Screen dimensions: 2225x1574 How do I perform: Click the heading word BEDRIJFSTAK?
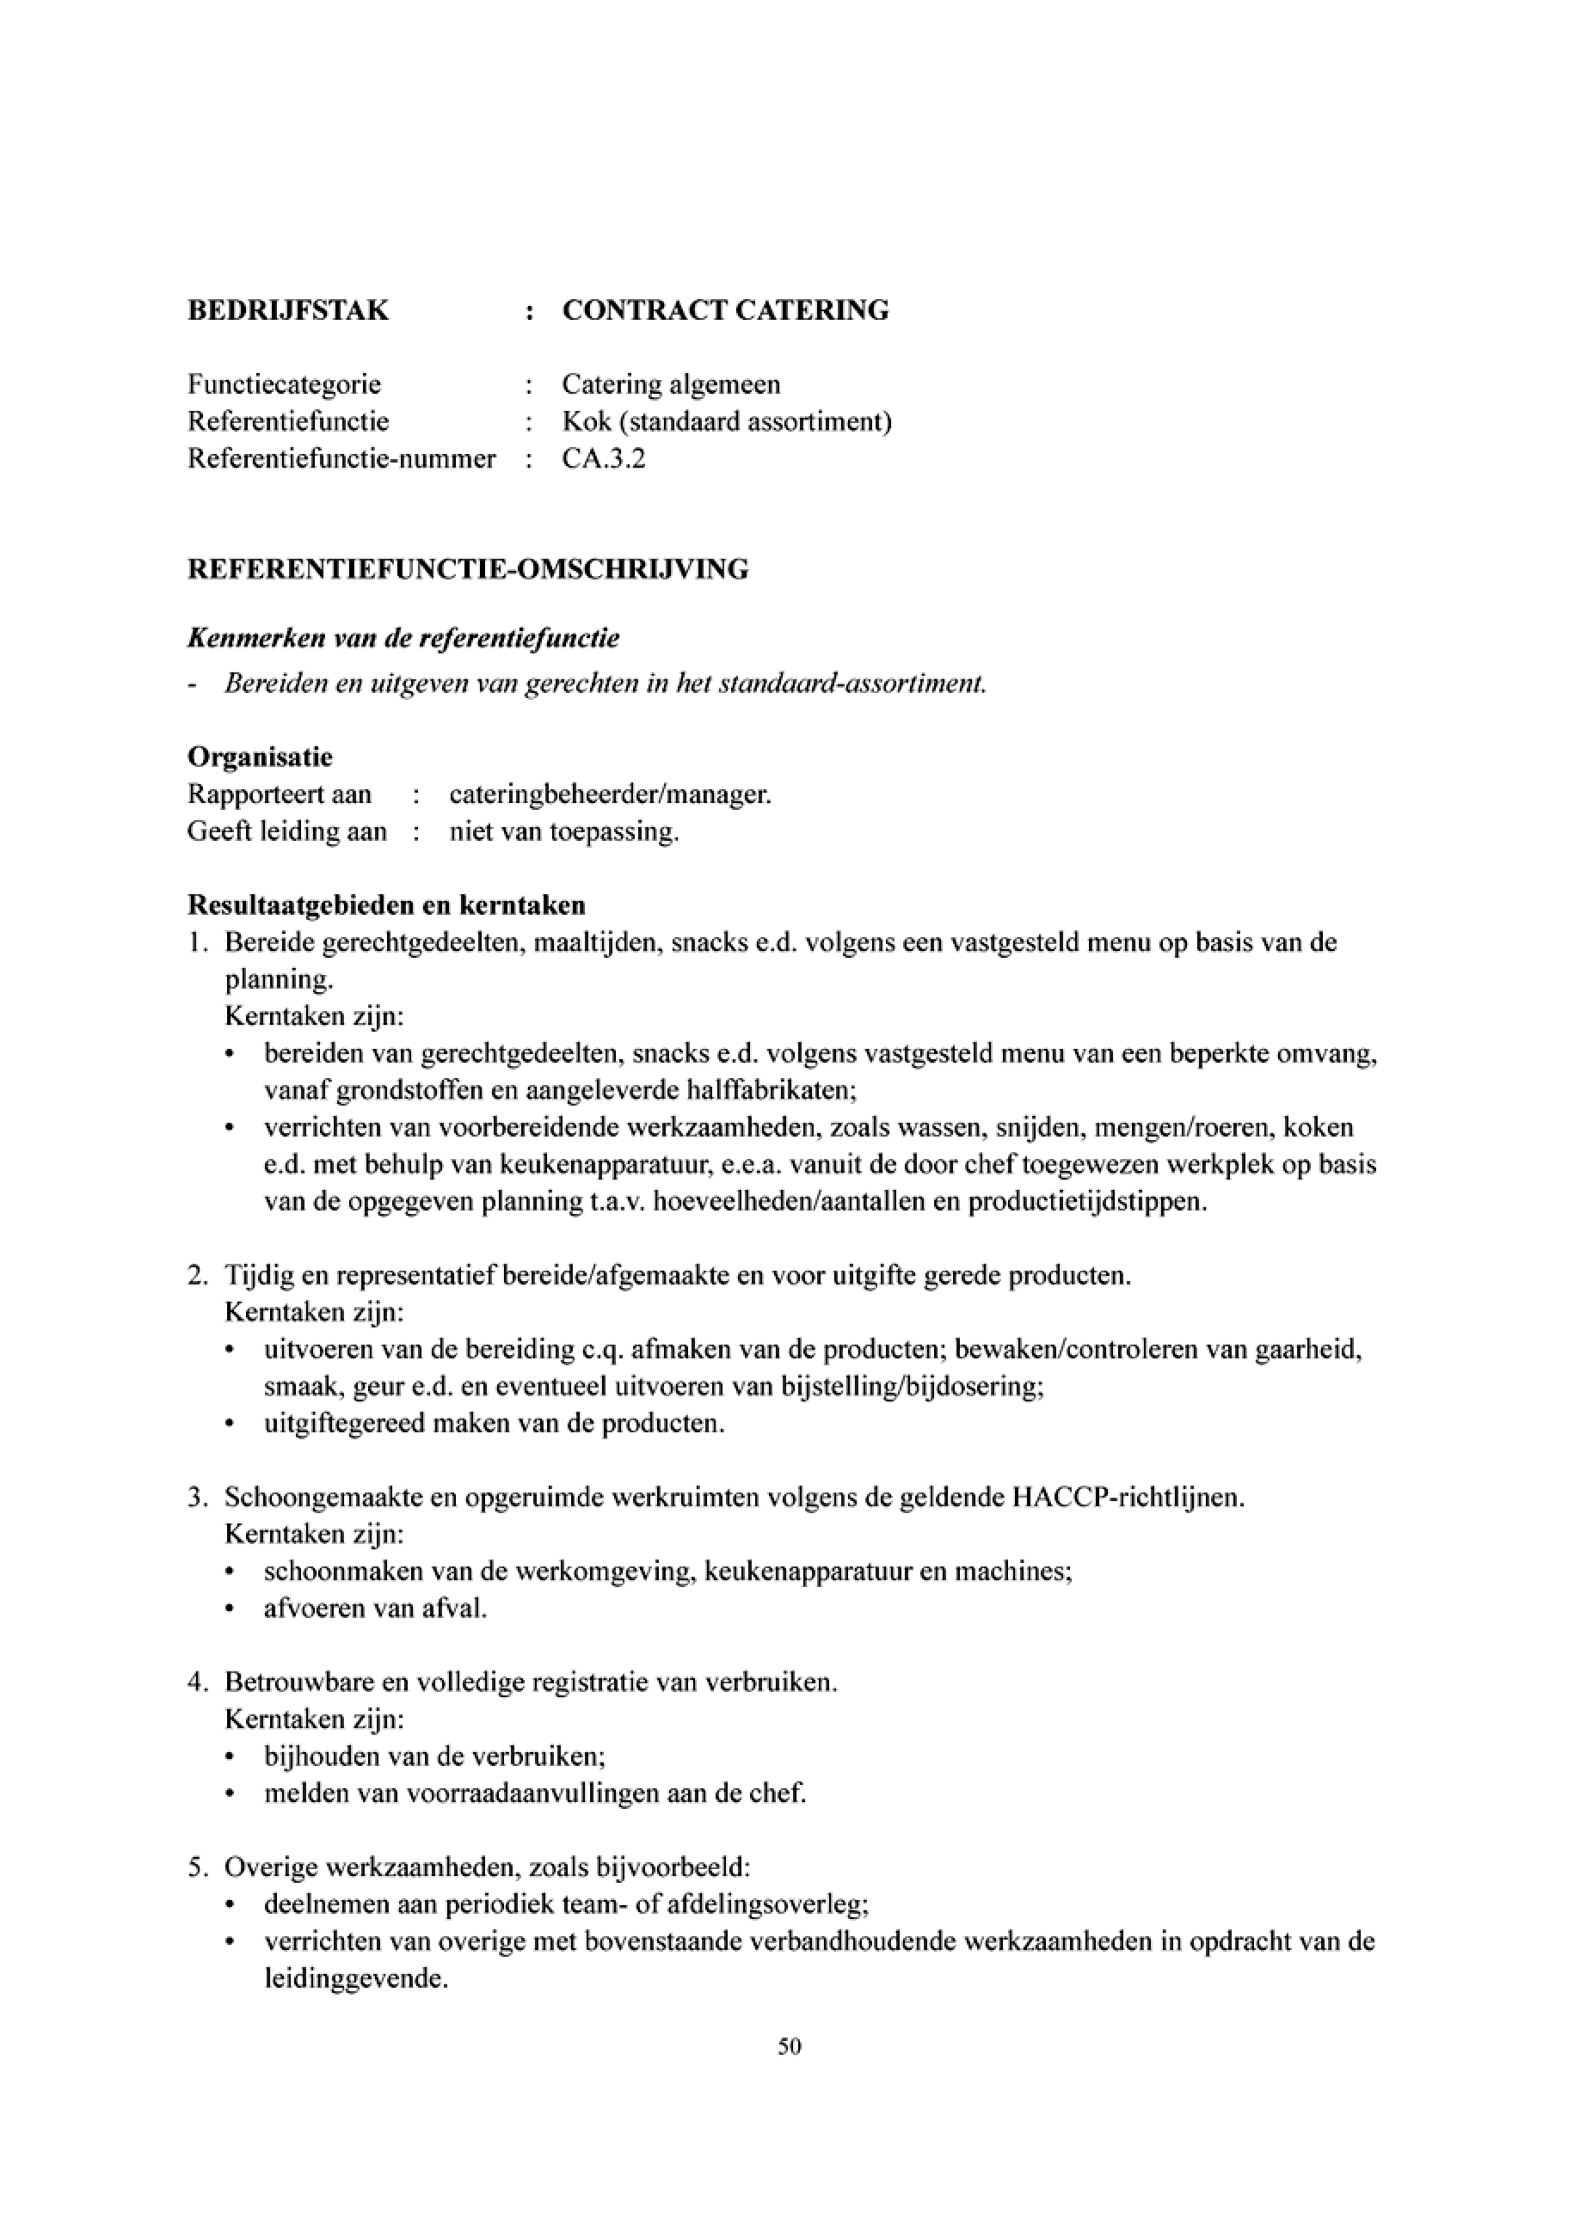pos(288,310)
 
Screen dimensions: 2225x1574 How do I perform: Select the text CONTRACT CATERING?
pos(725,310)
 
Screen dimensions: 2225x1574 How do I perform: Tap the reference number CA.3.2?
pos(603,458)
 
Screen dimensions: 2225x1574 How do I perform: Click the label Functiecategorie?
pos(284,384)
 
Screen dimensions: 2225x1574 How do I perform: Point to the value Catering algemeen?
pos(671,384)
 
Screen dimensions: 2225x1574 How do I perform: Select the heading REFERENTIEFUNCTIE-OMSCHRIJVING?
pos(468,569)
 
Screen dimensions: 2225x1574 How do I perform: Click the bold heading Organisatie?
pos(260,756)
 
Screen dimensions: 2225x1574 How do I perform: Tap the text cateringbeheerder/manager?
pos(611,794)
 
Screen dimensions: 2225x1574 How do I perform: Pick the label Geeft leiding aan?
pos(287,831)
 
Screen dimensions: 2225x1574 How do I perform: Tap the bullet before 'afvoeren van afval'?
pos(230,1609)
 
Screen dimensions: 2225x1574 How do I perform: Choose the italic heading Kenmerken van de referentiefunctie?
pos(403,639)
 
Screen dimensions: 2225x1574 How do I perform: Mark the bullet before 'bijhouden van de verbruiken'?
pos(230,1757)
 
